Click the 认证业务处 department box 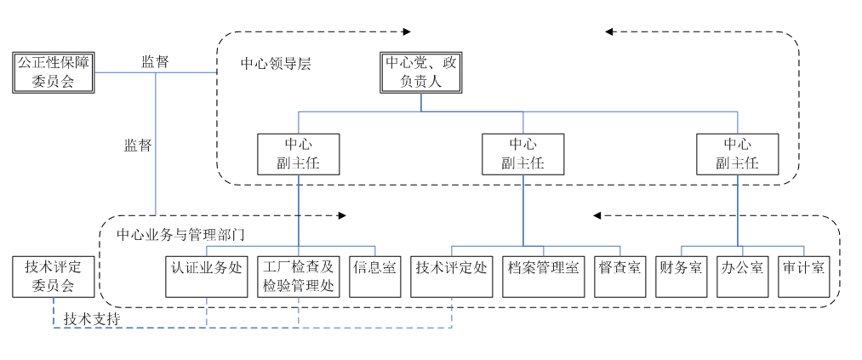point(206,275)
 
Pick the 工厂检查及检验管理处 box point(298,275)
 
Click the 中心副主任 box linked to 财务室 point(737,153)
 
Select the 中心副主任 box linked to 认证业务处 point(298,153)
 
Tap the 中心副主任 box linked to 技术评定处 point(523,153)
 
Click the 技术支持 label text point(91,317)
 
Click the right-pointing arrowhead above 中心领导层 point(407,31)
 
